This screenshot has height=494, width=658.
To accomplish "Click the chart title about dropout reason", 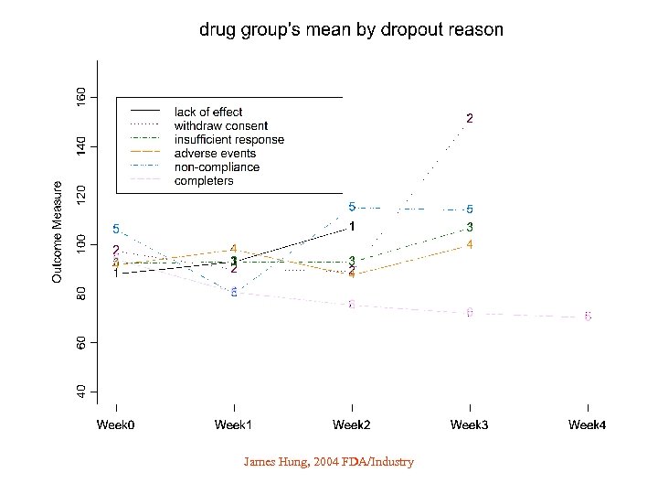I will click(x=351, y=30).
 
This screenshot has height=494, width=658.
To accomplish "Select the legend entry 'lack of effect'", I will click(x=208, y=113).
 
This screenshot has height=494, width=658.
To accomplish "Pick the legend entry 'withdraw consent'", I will click(x=221, y=126).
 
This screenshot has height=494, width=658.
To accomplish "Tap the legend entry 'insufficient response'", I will click(x=228, y=140).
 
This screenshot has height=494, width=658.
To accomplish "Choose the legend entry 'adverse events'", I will click(x=215, y=154).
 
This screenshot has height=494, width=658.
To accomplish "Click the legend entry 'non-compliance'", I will click(x=217, y=167).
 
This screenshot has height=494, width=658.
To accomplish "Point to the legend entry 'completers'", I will click(x=204, y=181).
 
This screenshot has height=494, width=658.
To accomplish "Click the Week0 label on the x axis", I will click(x=116, y=424).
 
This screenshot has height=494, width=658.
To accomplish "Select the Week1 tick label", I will click(x=234, y=424).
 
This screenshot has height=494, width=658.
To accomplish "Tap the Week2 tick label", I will click(x=352, y=424).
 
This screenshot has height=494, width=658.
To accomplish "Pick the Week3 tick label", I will click(x=470, y=424).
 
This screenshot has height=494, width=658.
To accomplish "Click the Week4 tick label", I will click(x=588, y=424).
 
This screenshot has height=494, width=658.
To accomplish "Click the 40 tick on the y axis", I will click(x=82, y=392).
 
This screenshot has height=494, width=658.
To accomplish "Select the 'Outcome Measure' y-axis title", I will click(x=58, y=231).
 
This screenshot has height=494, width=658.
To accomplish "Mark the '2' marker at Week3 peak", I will click(x=470, y=118).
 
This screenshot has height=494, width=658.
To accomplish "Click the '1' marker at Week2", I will click(x=353, y=226).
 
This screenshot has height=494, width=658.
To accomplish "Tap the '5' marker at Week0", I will click(x=116, y=229).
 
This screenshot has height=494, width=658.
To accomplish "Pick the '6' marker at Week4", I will click(x=588, y=317).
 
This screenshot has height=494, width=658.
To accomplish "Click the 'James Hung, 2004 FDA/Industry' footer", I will click(x=329, y=462).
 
